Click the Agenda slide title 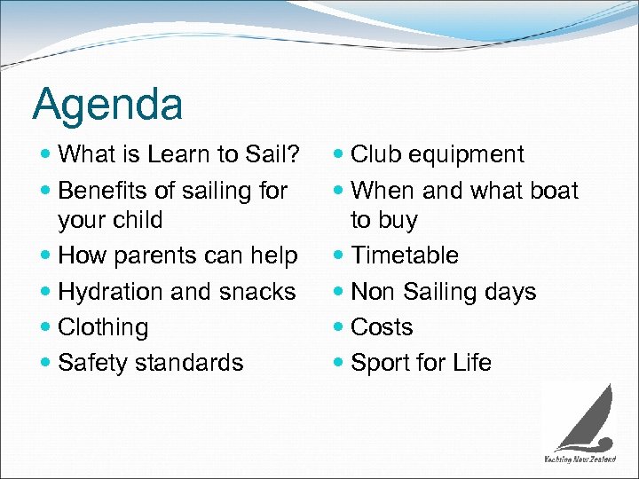(107, 105)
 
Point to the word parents (160, 256)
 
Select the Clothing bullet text (103, 327)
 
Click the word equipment (468, 155)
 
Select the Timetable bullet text (405, 255)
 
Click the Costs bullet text (382, 327)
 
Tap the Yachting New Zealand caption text (580, 459)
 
